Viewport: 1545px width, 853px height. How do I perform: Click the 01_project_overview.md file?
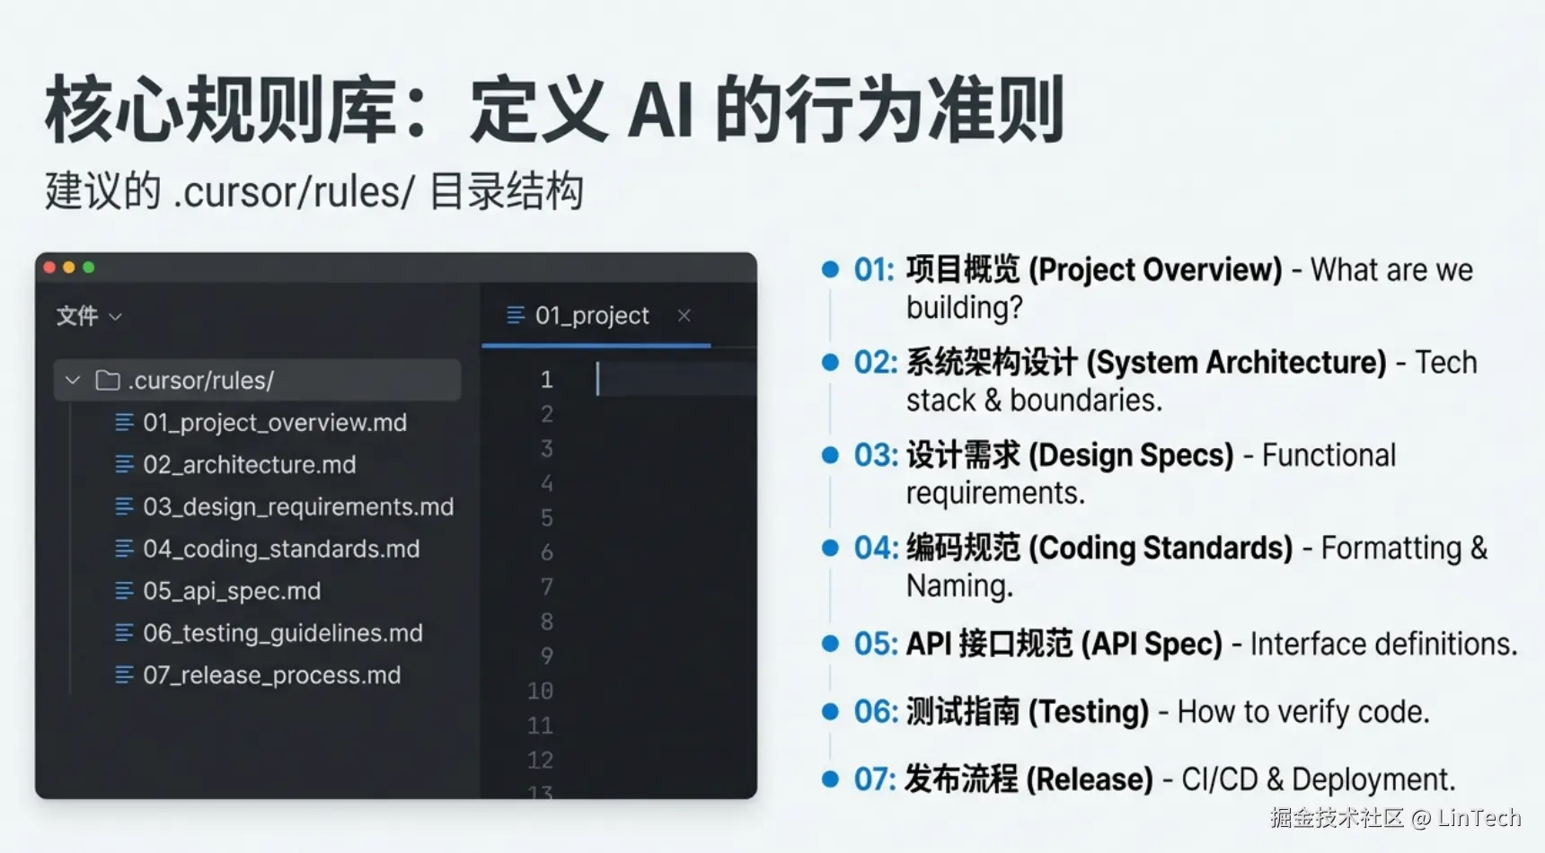point(275,422)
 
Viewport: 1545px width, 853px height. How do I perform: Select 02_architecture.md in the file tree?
point(250,464)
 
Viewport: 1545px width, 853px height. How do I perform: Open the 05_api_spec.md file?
point(232,591)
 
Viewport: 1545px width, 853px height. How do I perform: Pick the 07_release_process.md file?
point(272,675)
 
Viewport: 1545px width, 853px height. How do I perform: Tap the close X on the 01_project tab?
point(684,315)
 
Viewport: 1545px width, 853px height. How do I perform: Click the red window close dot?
point(49,268)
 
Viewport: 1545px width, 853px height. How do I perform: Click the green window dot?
point(89,268)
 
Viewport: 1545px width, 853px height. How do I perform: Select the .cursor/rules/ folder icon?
point(108,381)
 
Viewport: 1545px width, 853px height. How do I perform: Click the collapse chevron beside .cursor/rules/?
point(73,381)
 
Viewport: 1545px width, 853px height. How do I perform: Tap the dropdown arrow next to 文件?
point(115,317)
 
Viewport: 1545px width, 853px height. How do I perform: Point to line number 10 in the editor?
point(540,690)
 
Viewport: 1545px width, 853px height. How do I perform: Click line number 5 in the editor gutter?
point(546,518)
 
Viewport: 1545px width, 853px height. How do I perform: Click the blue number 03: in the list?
point(874,455)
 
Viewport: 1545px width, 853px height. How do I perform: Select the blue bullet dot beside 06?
point(830,712)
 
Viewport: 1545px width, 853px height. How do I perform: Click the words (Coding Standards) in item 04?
point(1161,548)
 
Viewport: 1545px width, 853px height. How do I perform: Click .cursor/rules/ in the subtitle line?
point(294,192)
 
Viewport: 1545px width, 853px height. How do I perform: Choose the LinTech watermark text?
point(1479,818)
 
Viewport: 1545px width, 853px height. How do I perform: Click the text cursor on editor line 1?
point(597,379)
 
